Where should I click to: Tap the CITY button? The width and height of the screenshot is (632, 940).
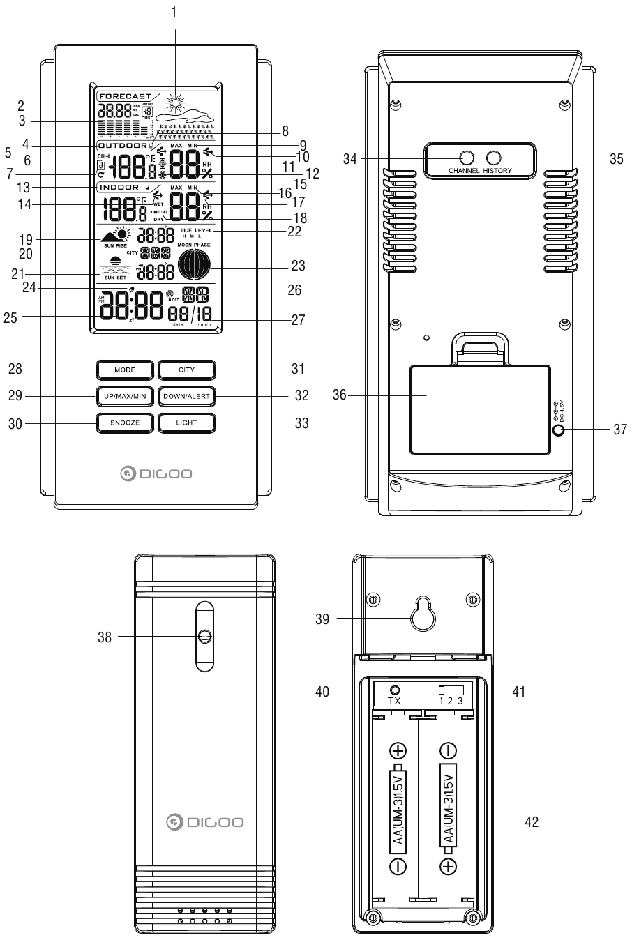pos(186,369)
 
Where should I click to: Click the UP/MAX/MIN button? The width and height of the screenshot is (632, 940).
pos(124,396)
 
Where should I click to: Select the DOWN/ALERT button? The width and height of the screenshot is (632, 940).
pos(186,396)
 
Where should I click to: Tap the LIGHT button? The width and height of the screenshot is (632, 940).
pos(186,423)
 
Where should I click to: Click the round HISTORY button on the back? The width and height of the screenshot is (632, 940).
pos(494,158)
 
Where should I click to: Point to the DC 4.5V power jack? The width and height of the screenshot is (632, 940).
pos(558,430)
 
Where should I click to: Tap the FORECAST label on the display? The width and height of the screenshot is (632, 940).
pos(126,96)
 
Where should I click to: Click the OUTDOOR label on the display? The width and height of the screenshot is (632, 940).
pos(123,146)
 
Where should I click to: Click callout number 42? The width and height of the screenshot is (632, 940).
pos(532,822)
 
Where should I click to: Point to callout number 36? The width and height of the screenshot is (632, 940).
pos(340,395)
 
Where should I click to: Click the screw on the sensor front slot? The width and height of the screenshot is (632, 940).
pos(205,636)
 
